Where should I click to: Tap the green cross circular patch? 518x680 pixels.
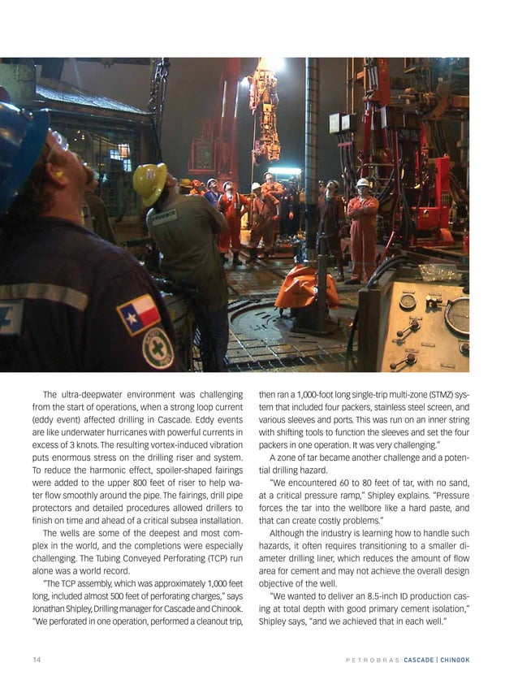tap(158, 348)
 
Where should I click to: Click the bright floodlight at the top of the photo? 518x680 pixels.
tap(274, 65)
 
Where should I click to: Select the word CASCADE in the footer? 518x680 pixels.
tap(413, 659)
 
